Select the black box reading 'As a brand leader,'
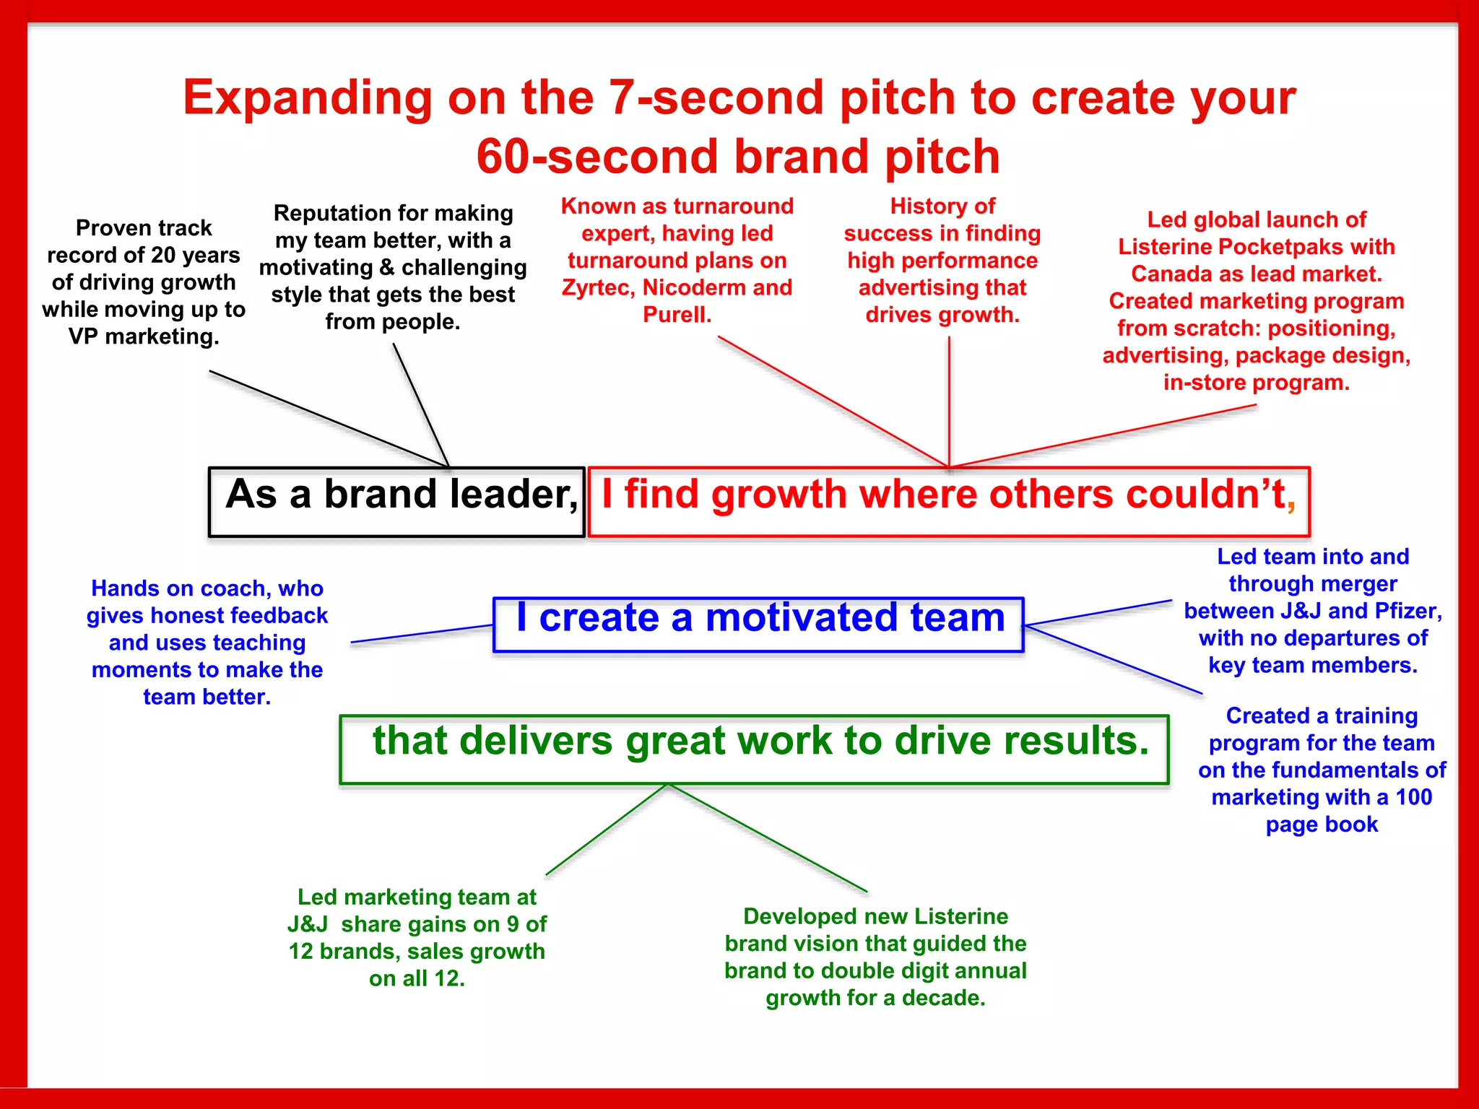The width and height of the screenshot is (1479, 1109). point(396,502)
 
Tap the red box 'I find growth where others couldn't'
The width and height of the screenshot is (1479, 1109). point(949,502)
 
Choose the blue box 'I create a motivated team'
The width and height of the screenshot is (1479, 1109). point(758,625)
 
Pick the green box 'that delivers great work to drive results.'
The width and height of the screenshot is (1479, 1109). point(754,749)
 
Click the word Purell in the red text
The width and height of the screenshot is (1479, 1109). point(676,315)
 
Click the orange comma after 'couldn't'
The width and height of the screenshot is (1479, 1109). point(1291,503)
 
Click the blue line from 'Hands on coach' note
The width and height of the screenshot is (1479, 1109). point(422,634)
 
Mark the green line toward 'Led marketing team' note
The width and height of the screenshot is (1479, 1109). point(607,830)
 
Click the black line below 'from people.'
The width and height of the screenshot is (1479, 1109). point(421,404)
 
